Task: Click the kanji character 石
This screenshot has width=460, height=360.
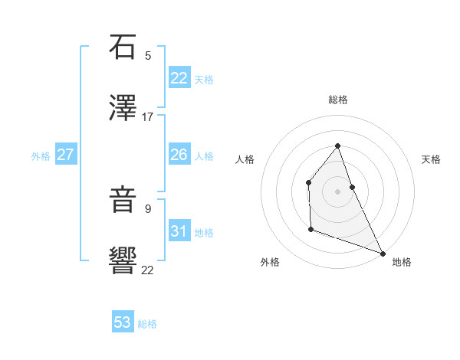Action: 123,47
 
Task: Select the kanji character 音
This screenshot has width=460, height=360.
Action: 123,200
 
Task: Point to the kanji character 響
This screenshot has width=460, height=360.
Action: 123,260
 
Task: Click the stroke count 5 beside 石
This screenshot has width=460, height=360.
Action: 148,55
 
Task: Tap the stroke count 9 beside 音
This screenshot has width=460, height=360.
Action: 148,208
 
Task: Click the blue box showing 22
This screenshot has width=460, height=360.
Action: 179,78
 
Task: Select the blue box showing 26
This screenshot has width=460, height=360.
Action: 179,155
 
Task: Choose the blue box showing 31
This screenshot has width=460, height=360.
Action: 179,231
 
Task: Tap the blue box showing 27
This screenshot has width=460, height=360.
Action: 65,155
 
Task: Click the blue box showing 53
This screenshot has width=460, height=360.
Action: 122,322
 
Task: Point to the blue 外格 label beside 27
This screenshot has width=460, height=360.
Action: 41,156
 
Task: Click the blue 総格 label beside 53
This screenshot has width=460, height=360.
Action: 147,324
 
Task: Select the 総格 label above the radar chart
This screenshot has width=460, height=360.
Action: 337,100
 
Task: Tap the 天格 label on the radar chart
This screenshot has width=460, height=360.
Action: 431,159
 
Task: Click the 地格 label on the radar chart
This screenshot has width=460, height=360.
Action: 402,263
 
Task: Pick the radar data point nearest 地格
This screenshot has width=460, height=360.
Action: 383,254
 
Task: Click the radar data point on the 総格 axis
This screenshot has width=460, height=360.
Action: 337,146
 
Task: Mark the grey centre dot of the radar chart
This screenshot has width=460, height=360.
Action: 337,191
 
